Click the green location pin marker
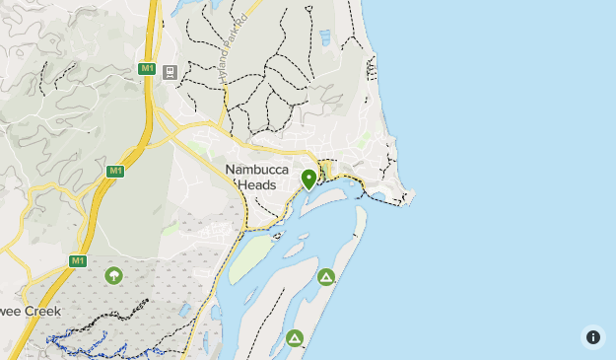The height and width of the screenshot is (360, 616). click(308, 179)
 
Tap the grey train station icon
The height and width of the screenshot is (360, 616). click(171, 72)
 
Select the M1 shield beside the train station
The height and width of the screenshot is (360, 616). click(146, 68)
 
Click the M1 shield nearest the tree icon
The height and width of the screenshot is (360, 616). click(78, 260)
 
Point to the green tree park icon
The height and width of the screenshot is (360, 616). click(113, 275)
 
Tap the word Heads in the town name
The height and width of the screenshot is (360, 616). click(258, 185)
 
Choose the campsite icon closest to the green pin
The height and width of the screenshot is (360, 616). click(326, 277)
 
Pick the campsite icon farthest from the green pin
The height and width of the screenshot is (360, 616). click(294, 338)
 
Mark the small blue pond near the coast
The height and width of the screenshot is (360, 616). click(325, 37)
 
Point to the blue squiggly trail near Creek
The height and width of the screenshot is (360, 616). click(79, 343)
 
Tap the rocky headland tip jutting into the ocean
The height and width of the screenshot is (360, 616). click(408, 197)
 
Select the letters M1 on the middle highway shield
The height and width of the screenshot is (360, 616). click(115, 171)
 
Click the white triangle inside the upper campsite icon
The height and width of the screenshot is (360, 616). click(326, 277)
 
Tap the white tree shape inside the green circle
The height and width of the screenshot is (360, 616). click(113, 275)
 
